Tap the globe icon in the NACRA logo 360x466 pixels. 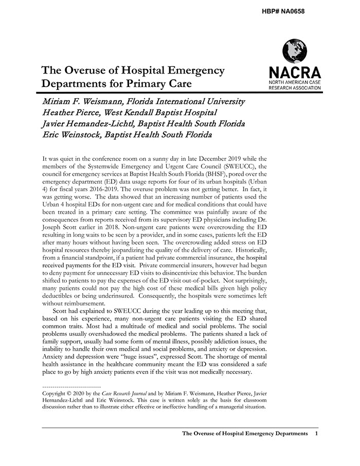tap(295, 51)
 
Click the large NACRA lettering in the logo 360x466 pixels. tap(295, 73)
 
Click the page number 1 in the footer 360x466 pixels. tap(316, 434)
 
